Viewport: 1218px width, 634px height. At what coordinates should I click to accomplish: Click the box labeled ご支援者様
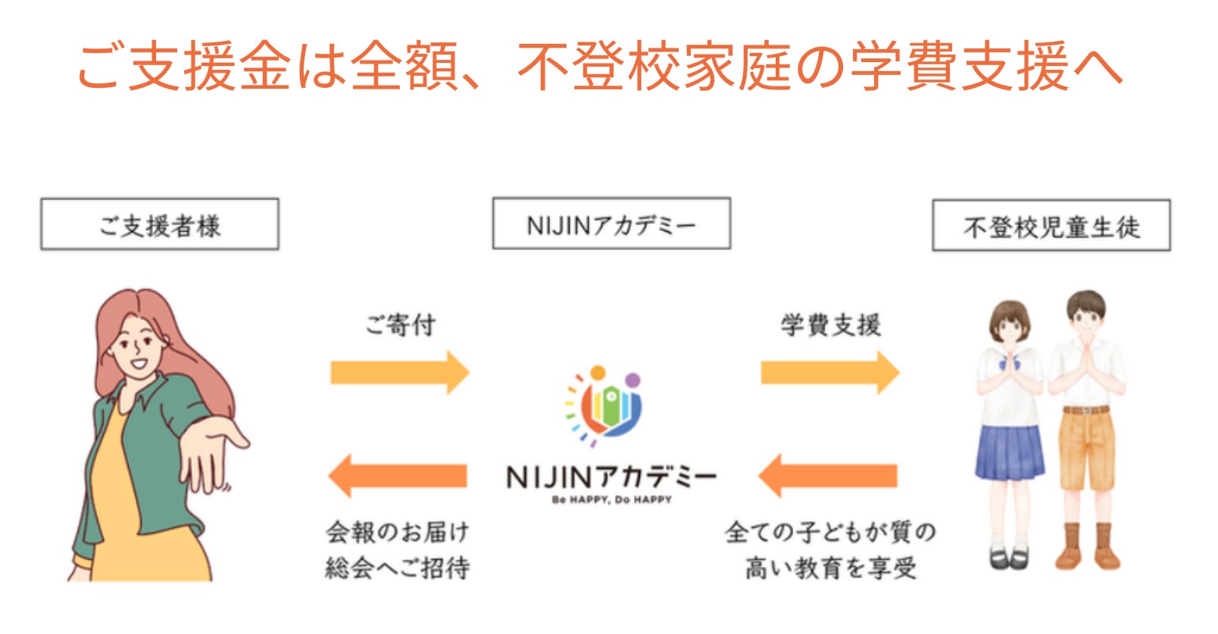click(x=160, y=224)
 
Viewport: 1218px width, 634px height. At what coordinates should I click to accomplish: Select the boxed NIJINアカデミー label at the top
click(x=611, y=223)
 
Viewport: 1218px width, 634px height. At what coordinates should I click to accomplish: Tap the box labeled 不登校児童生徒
click(x=1051, y=226)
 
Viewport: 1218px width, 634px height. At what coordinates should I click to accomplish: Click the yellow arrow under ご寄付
click(x=399, y=372)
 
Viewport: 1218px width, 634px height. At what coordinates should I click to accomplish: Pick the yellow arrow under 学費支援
click(x=829, y=372)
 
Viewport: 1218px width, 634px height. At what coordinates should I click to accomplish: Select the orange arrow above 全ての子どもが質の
click(x=828, y=476)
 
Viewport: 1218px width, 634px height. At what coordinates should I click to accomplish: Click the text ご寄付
click(x=400, y=325)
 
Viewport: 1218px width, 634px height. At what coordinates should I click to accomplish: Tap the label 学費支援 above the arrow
click(x=830, y=325)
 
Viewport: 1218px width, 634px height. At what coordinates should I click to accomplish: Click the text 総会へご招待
click(x=398, y=567)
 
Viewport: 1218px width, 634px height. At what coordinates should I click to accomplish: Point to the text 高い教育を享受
click(x=830, y=567)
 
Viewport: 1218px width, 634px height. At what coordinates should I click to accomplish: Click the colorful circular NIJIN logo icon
click(x=604, y=405)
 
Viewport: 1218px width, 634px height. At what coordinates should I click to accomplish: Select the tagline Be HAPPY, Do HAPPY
click(x=611, y=500)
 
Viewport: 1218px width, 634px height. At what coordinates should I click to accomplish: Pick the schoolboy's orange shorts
click(x=1086, y=447)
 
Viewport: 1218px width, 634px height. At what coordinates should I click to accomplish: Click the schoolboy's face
click(x=1086, y=318)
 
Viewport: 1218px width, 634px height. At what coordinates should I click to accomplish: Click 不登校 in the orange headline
click(x=600, y=67)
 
